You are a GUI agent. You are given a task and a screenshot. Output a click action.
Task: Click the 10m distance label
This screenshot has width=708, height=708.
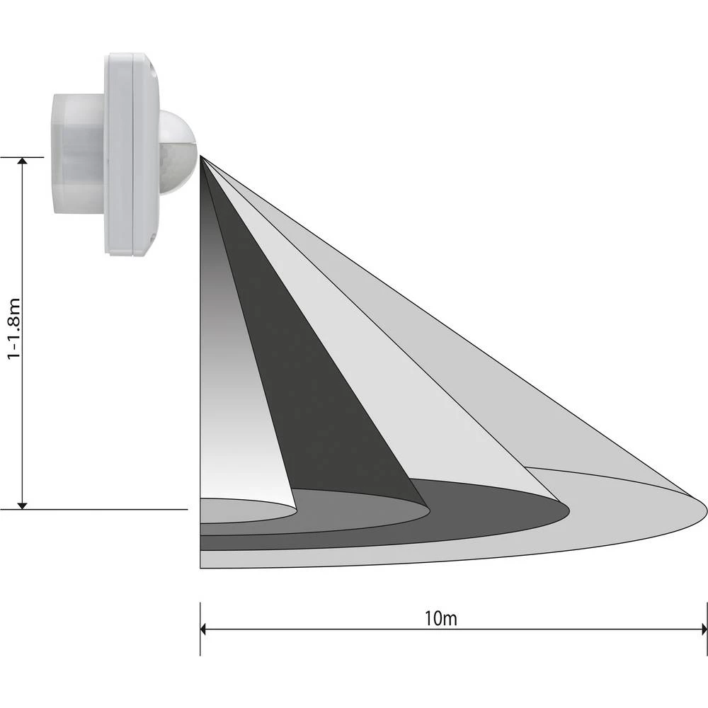[x=441, y=617]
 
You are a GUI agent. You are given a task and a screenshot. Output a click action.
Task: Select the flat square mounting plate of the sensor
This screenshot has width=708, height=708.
[x=132, y=153]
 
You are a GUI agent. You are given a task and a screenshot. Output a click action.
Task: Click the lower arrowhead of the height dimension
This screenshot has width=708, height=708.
[x=23, y=504]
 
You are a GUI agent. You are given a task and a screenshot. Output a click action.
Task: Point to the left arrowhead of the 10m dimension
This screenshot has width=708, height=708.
[x=205, y=628]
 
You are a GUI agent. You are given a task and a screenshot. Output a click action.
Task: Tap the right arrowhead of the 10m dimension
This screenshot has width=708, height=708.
[x=702, y=628]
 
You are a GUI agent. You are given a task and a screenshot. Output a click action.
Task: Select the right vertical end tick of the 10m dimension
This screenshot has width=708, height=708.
[x=707, y=628]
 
